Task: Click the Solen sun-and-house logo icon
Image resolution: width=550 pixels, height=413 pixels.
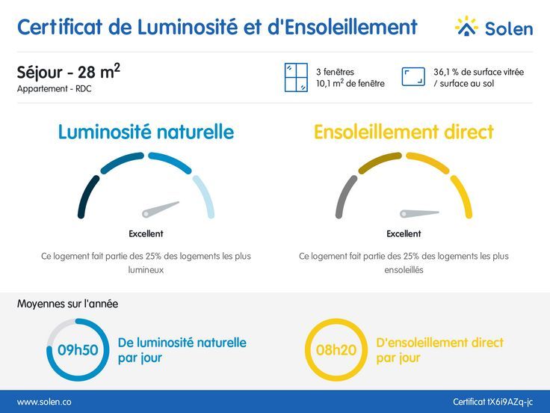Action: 466,27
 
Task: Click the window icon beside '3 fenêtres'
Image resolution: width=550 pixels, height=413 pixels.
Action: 296,78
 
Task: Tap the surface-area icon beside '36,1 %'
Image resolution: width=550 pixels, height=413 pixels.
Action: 413,77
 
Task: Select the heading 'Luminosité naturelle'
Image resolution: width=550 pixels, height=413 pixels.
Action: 146,132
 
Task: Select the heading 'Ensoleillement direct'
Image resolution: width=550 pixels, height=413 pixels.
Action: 404,132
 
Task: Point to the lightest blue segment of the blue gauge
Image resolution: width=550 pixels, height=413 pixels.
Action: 204,196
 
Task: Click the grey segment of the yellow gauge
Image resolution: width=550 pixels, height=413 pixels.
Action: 344,197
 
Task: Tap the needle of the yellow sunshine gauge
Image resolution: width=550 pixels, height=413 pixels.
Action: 418,213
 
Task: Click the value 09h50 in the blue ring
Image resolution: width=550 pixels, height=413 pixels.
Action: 78,350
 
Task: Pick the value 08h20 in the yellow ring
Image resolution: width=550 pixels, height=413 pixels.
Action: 336,350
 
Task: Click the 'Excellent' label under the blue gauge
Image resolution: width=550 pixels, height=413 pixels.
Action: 146,233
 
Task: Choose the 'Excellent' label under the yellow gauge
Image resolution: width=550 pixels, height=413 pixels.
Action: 404,233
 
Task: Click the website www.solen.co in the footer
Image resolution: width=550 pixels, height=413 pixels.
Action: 44,402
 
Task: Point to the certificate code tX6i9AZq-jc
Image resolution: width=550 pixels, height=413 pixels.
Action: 493,402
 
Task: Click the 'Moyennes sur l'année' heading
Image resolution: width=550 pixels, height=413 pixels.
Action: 67,304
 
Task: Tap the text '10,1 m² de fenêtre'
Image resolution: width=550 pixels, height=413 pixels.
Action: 350,84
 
